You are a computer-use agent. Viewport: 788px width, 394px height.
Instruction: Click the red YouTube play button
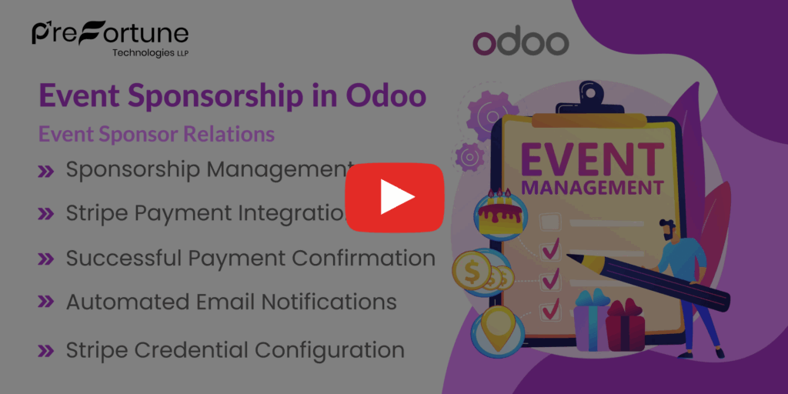pyautogui.click(x=394, y=197)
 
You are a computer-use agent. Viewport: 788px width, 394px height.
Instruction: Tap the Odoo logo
pyautogui.click(x=520, y=43)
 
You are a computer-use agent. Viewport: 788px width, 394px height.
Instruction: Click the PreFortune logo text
pyautogui.click(x=110, y=33)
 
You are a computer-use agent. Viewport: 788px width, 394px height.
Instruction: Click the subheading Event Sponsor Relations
pyautogui.click(x=156, y=134)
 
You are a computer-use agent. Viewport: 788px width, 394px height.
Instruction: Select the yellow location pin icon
pyautogui.click(x=497, y=324)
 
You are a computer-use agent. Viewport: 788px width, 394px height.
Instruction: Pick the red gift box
pyautogui.click(x=625, y=327)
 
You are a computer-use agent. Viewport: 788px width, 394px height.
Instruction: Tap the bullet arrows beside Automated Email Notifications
pyautogui.click(x=46, y=302)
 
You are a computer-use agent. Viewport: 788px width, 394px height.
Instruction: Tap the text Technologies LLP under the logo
pyautogui.click(x=150, y=53)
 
